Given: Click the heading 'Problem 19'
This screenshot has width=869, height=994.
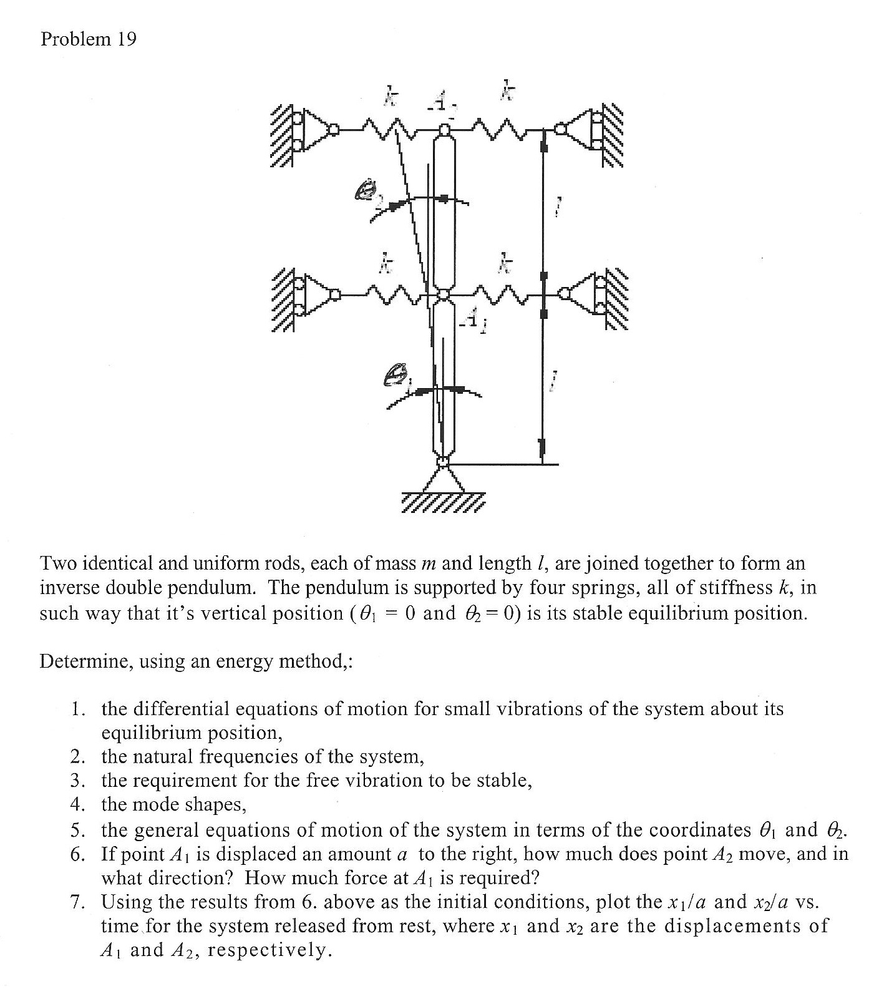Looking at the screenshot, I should pos(88,39).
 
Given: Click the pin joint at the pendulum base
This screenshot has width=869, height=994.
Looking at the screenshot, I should pos(443,462).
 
